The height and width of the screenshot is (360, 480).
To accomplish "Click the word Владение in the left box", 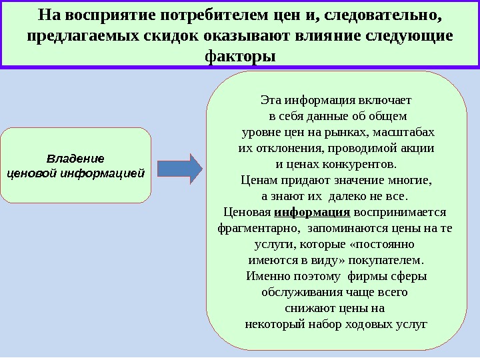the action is [x=75, y=159].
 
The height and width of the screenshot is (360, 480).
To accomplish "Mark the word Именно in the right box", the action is [x=266, y=276].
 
